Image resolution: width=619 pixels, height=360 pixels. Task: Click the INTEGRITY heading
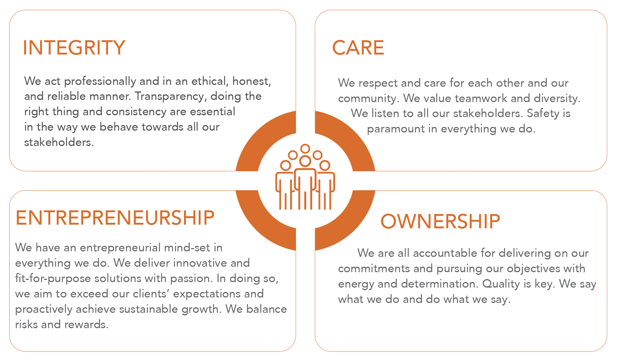(x=74, y=48)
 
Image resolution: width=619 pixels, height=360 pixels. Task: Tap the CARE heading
(x=358, y=48)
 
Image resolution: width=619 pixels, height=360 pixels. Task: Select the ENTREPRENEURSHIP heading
(x=115, y=218)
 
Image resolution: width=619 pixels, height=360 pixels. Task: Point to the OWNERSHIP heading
(x=440, y=221)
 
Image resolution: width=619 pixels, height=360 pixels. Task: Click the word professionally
(x=100, y=82)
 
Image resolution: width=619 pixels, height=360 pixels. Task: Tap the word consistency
(x=136, y=112)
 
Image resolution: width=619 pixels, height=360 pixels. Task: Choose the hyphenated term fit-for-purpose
(x=53, y=278)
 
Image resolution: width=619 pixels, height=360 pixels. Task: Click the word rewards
(x=86, y=325)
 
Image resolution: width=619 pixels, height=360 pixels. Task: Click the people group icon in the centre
(x=305, y=177)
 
